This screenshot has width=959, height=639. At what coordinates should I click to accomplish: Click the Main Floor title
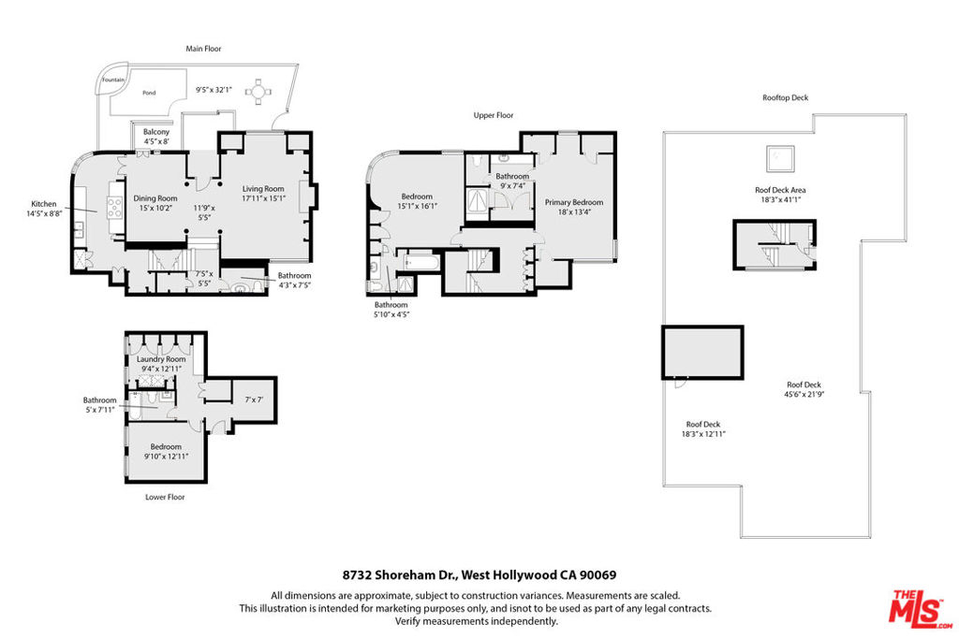tap(203, 49)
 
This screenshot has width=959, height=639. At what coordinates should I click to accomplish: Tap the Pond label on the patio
tap(149, 93)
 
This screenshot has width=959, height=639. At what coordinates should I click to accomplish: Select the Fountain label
tap(113, 80)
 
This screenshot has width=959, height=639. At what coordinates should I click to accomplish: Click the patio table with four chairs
tap(258, 93)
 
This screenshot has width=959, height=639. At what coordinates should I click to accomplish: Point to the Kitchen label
tap(43, 204)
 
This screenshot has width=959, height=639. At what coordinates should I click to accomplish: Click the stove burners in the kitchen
tap(115, 208)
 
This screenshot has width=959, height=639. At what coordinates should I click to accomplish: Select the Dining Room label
tap(155, 198)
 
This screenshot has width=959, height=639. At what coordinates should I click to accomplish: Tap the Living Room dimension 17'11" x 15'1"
tap(263, 198)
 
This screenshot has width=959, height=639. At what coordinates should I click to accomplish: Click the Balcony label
tap(156, 132)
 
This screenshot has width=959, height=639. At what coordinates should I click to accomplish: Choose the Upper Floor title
tap(494, 115)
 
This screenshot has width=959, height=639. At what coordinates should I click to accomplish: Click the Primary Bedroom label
tap(574, 202)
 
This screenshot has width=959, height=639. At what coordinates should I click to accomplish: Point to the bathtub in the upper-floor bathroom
tap(420, 263)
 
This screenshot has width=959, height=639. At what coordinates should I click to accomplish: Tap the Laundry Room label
tap(161, 359)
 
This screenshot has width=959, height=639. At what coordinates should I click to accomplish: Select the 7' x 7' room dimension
tap(254, 399)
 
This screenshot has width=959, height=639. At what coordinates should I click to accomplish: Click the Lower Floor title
tap(165, 497)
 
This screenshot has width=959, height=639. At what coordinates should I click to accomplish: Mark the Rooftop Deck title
tap(786, 97)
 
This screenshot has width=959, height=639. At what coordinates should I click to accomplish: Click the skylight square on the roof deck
tap(780, 159)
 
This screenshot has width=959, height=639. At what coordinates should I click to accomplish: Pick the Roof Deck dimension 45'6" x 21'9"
tap(804, 395)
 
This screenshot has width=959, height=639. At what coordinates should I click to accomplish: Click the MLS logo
tap(921, 609)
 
